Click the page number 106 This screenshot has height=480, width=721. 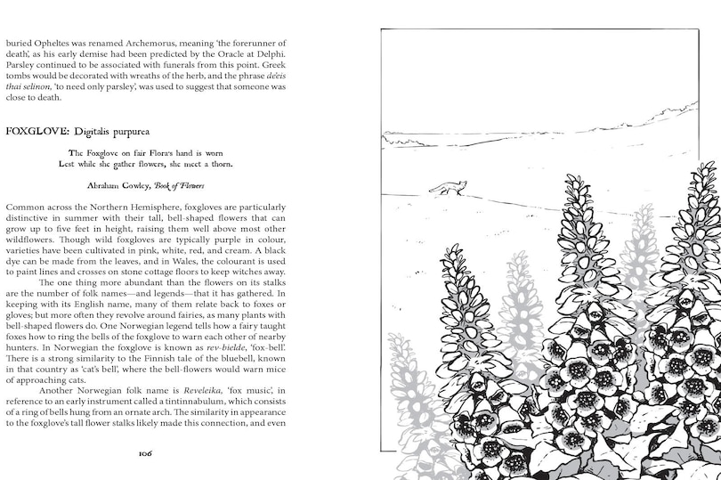pyautogui.click(x=146, y=453)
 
